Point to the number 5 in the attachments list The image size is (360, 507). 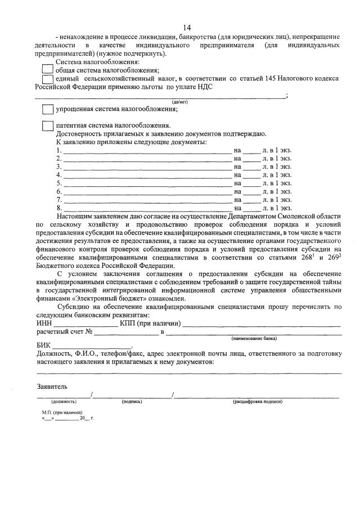click(58, 183)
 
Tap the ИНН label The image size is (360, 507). click(44, 324)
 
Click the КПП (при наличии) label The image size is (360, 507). click(150, 324)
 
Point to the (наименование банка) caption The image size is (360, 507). click(254, 339)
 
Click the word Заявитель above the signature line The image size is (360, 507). click(52, 387)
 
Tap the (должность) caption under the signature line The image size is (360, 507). click(64, 402)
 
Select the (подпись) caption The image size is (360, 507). click(132, 402)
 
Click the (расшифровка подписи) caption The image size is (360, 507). click(257, 402)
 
